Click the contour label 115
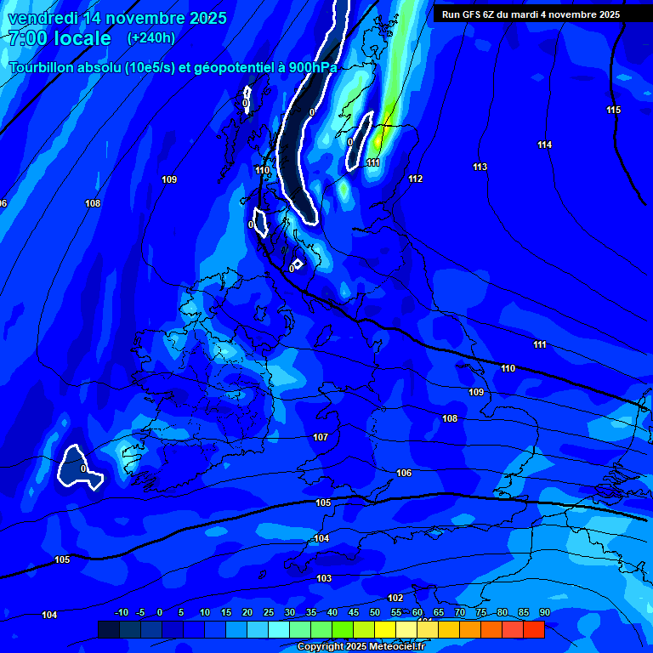(613, 111)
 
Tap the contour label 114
(544, 145)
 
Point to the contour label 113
(480, 168)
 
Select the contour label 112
(415, 179)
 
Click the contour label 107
(321, 438)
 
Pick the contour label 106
(404, 474)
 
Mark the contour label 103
(324, 579)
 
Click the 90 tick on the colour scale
(544, 613)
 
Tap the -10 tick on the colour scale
(121, 613)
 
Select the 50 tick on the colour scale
(374, 613)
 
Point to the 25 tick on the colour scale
(269, 613)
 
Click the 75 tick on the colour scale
(480, 613)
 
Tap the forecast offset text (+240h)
(151, 38)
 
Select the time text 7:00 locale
(60, 38)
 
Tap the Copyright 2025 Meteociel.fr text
(361, 647)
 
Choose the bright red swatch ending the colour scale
(533, 629)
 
